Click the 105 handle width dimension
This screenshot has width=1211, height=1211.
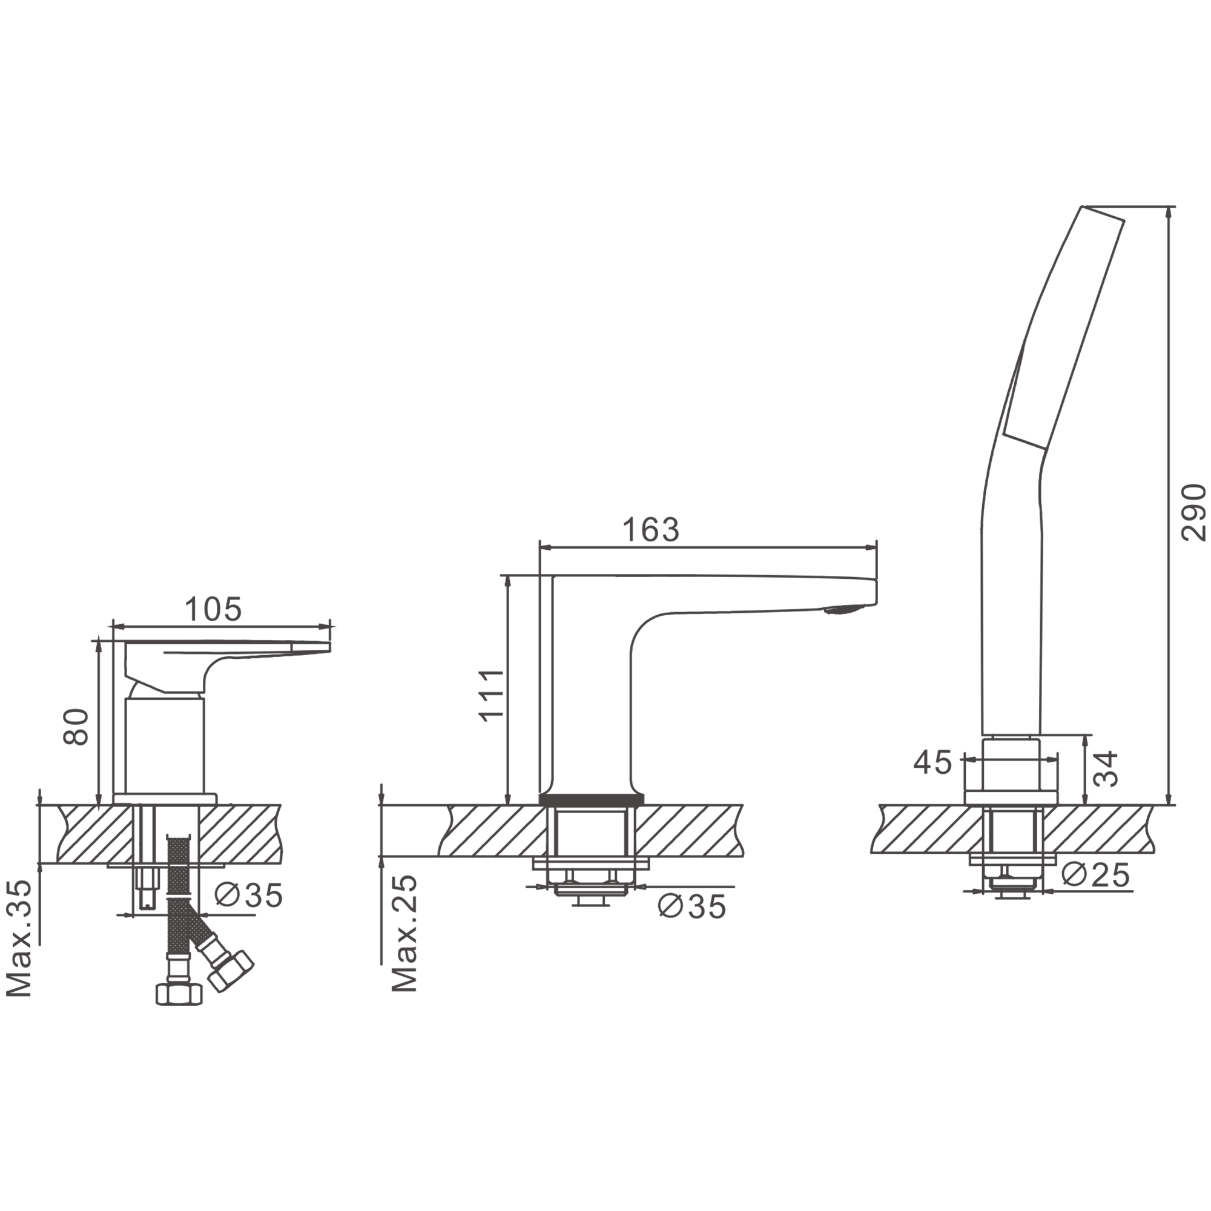click(x=213, y=609)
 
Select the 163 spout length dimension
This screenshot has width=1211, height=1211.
click(x=651, y=530)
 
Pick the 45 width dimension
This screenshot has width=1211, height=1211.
click(x=932, y=763)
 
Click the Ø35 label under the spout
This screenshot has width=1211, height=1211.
click(x=692, y=906)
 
